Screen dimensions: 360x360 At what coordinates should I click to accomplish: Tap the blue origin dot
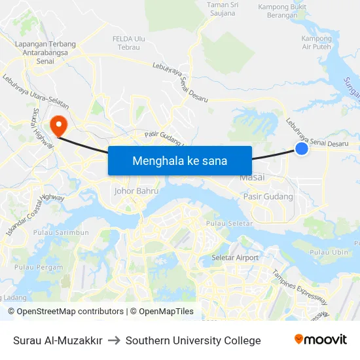coord(302,149)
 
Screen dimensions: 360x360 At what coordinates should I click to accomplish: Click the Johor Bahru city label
coord(137,191)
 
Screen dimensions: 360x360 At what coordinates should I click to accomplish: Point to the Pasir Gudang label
coord(268,196)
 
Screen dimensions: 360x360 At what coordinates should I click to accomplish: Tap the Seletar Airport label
coord(235,258)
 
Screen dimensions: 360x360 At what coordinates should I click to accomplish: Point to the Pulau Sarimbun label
coord(62,233)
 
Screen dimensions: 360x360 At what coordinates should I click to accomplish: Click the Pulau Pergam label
coord(39,267)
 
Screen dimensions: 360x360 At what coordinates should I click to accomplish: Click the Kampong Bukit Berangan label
coord(283,11)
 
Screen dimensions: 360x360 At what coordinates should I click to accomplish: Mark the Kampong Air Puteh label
coord(316,43)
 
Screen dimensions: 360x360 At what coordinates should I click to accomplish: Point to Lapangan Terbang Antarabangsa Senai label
coord(45,52)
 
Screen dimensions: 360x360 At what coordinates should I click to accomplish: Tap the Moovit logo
coord(320,340)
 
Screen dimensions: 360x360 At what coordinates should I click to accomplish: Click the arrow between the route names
coord(114,340)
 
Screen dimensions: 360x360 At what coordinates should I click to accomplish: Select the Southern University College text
coord(193,340)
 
